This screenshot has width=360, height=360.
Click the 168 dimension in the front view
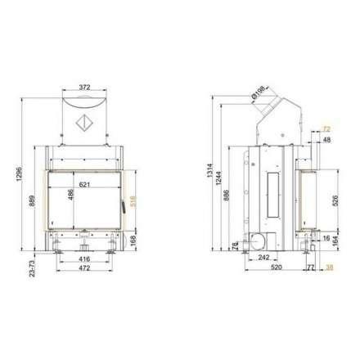pyautogui.click(x=132, y=239)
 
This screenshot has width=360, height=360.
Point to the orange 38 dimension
pyautogui.click(x=329, y=266)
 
